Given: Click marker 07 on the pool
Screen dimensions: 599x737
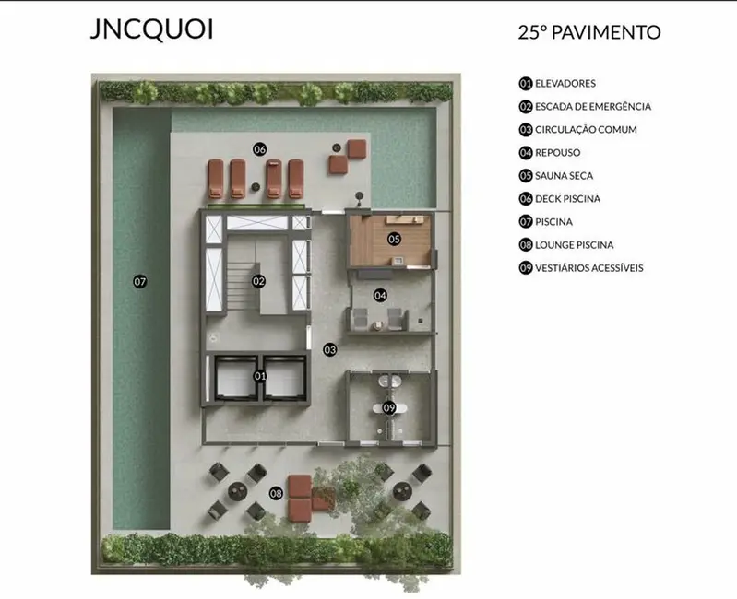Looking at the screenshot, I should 140,281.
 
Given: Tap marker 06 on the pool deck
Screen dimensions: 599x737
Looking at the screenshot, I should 259,148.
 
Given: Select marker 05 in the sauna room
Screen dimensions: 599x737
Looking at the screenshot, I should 394,239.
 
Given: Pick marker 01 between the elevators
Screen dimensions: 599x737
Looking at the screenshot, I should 259,376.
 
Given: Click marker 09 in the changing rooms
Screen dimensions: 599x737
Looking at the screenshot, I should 389,407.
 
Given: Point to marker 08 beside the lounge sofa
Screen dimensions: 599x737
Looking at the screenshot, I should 276,494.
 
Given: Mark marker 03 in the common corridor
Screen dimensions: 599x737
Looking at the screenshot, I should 329,349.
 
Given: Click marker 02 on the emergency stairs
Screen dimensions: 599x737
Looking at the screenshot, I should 259,281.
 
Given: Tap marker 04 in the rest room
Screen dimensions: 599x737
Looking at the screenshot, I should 380,295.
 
